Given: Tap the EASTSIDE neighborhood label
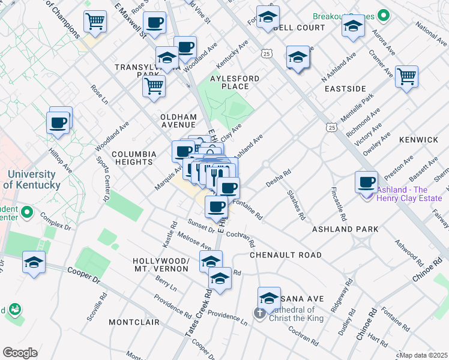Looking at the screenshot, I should [345, 89].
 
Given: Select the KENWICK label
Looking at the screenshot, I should [419, 140].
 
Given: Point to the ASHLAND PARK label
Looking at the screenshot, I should [345, 229].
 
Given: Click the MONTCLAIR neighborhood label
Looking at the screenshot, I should [134, 322].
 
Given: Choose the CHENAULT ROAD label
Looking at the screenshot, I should [286, 255].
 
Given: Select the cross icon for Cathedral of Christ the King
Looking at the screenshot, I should [259, 313].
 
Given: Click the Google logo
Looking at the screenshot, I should [20, 353].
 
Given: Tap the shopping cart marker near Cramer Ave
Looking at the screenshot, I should [406, 77].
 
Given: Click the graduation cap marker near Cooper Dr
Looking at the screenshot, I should [34, 263].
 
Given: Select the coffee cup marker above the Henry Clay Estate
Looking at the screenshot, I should [366, 181].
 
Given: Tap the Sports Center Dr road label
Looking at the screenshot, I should [103, 178].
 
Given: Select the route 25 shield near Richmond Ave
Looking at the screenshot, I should [331, 127].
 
